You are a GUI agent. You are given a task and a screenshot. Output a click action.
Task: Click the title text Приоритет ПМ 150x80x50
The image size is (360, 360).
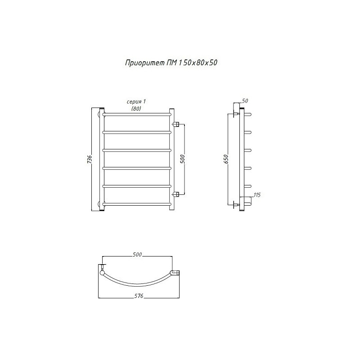pyautogui.click(x=171, y=63)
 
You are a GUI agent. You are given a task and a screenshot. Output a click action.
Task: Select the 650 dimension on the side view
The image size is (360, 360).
pyautogui.click(x=226, y=159)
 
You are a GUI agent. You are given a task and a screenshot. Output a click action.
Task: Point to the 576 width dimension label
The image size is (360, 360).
pyautogui.click(x=139, y=296)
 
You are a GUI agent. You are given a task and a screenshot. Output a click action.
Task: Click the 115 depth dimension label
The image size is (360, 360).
pyautogui.click(x=257, y=195)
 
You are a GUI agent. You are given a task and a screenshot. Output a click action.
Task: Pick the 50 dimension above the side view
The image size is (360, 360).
pyautogui.click(x=245, y=101)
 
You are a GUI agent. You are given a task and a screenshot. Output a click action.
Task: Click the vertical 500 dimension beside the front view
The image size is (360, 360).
pyautogui.click(x=183, y=159)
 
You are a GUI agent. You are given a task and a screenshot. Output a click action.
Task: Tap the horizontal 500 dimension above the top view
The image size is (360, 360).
pyautogui.click(x=137, y=254)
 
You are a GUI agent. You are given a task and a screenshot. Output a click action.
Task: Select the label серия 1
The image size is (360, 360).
pyautogui.click(x=136, y=102)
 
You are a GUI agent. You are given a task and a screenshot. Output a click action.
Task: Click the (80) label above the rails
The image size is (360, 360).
pyautogui.click(x=136, y=109)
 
